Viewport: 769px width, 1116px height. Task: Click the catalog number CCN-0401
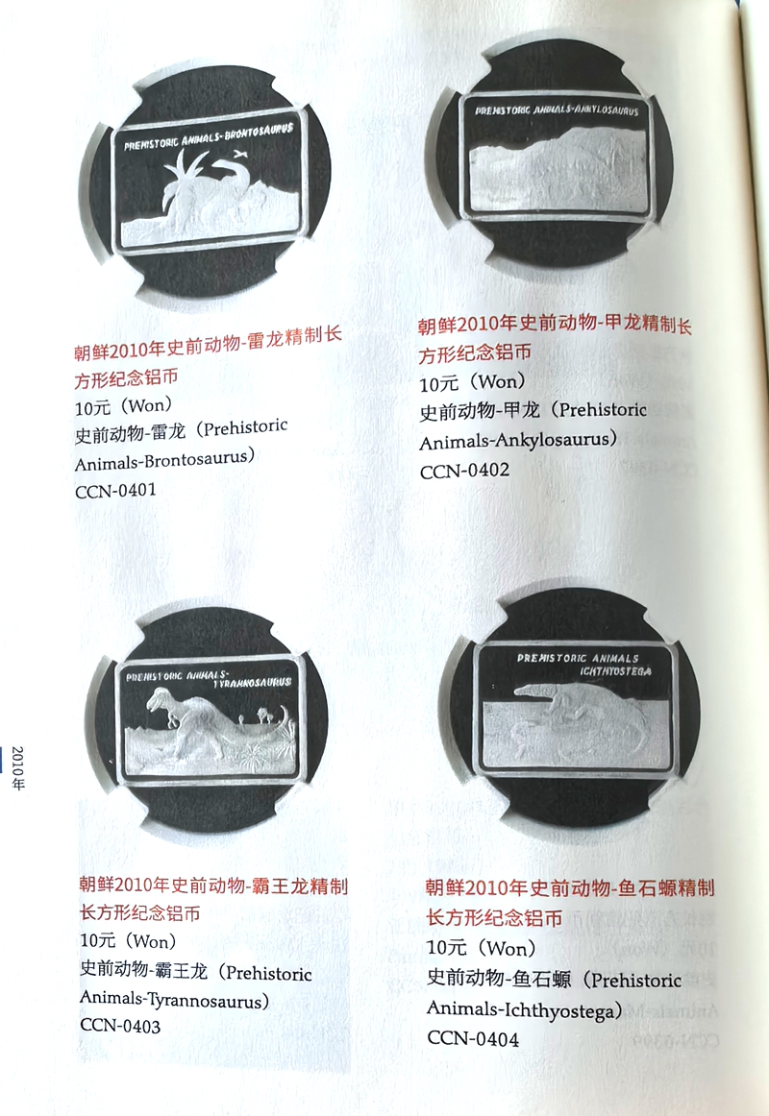tap(115, 491)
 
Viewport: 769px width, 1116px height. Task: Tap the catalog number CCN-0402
tap(464, 472)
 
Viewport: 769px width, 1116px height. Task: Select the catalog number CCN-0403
tap(120, 1026)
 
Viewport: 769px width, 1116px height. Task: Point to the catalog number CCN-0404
tap(473, 1038)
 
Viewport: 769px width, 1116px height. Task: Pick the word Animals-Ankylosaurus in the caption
tap(518, 441)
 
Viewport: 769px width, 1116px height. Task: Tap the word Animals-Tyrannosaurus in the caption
tap(174, 1000)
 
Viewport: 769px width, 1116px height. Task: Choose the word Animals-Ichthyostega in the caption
tap(524, 1010)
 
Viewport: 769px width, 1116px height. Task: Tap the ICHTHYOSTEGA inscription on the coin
tap(615, 671)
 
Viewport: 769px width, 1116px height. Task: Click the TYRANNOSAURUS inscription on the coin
tap(252, 683)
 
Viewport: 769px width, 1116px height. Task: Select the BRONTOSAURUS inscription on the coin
tap(259, 132)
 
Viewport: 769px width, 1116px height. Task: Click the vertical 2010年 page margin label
tap(18, 768)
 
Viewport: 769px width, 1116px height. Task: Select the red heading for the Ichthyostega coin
tap(570, 903)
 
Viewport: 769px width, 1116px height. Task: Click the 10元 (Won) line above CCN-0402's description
tap(473, 383)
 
